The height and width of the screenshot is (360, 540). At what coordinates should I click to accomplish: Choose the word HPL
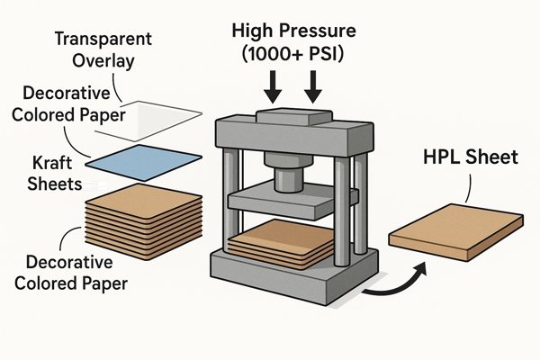coord(441,158)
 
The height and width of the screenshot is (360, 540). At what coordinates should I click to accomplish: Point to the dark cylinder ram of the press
coord(288,171)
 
